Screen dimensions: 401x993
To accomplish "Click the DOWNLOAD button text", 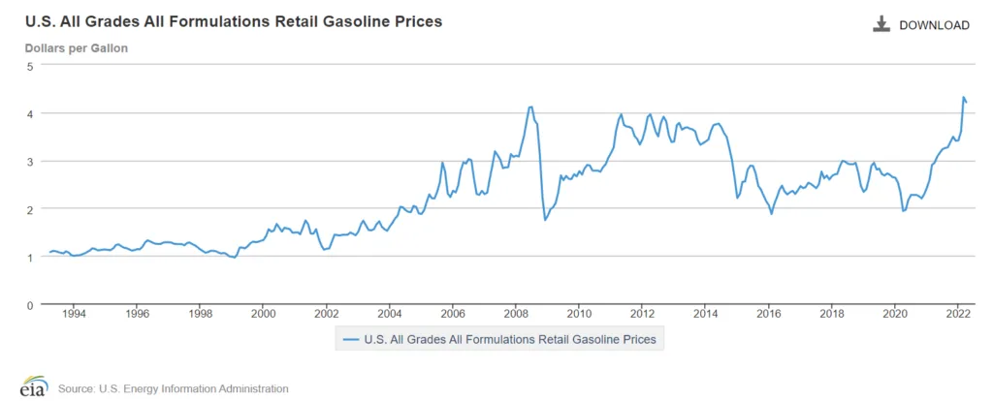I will [934, 25].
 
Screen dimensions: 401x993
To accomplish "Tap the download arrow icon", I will [881, 24].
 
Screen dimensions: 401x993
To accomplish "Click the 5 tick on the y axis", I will [30, 66].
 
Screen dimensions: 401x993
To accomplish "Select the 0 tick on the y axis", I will [30, 304].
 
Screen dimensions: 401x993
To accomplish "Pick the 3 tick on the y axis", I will [30, 161].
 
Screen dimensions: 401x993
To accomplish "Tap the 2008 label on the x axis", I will [516, 314].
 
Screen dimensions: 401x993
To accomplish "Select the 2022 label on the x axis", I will [957, 314].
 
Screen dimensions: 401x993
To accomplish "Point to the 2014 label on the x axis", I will [705, 314].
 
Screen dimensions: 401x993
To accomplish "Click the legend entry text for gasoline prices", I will [509, 339].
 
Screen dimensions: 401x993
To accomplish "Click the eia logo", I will [33, 386].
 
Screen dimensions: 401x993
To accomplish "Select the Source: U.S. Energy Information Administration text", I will [173, 388].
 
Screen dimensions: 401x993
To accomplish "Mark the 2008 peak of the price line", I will [530, 107].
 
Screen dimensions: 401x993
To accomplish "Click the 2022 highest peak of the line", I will [963, 97].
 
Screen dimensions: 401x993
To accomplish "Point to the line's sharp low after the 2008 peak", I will [545, 220].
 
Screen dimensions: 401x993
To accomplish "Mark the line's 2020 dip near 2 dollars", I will [904, 211].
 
